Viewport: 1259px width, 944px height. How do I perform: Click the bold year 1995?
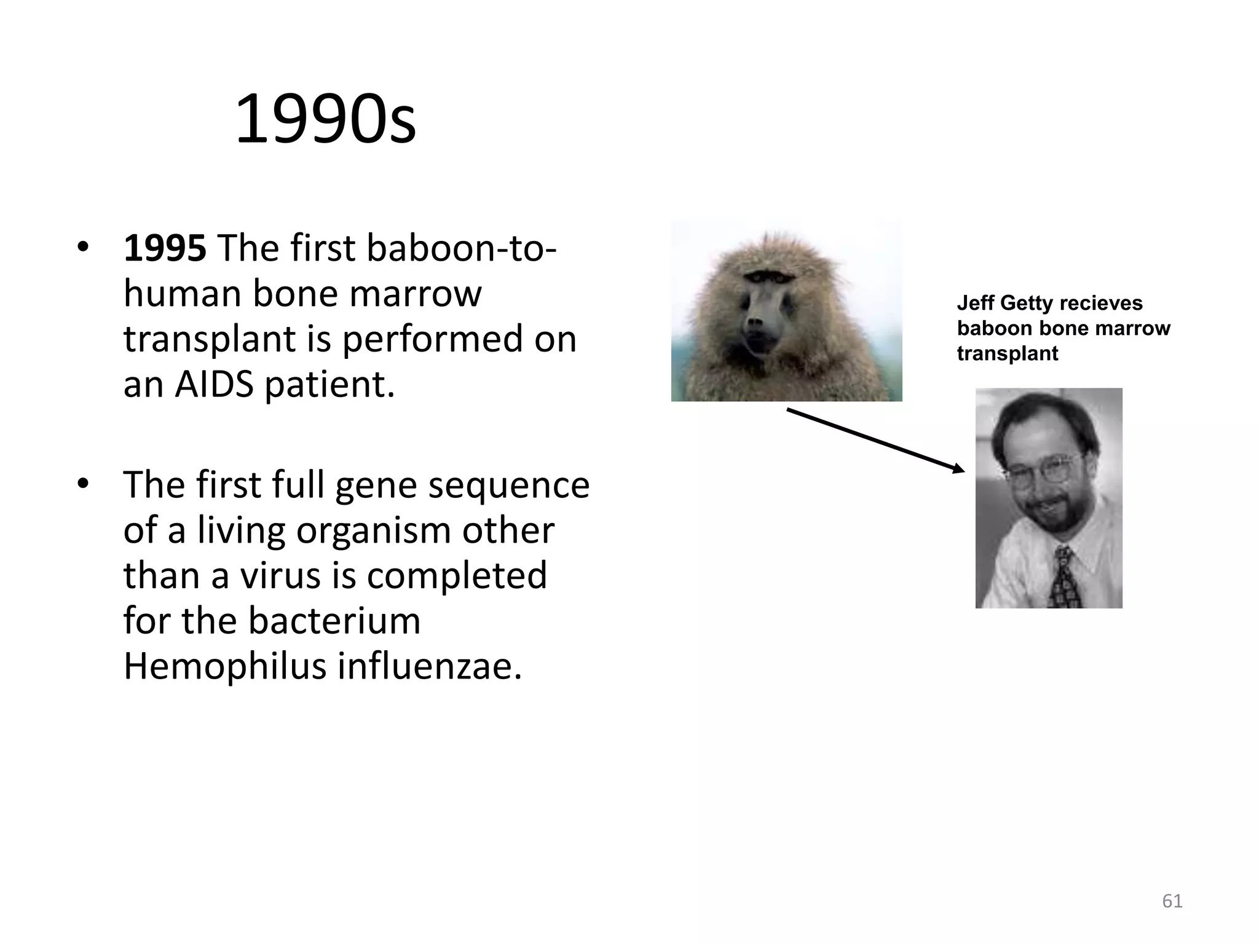pos(165,248)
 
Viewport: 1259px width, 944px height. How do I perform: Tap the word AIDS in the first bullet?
pos(214,385)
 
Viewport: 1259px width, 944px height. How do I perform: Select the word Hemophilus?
pos(224,666)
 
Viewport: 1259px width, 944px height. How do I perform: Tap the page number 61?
pos(1172,901)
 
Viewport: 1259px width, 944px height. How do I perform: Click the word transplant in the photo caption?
pos(1007,354)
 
